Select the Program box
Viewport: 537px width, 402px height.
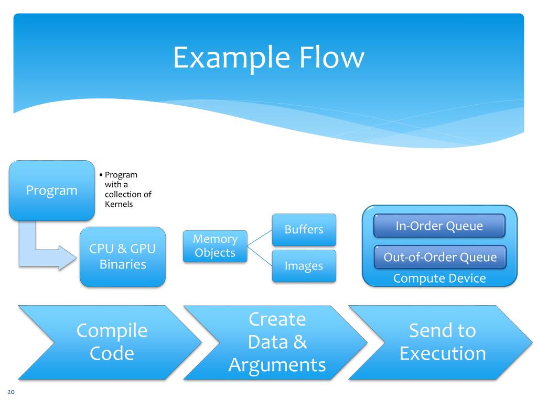pos(52,191)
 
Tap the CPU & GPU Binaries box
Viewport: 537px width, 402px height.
pos(123,256)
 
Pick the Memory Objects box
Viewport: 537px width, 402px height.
pos(215,246)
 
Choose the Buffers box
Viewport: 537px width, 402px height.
pos(304,230)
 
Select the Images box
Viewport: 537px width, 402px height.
pos(304,266)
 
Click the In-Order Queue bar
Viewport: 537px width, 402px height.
pos(439,226)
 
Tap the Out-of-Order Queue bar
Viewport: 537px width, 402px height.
pos(440,257)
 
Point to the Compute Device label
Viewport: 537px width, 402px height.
pos(439,278)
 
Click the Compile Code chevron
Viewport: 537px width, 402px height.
pos(110,342)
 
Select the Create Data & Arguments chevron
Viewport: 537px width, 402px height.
pos(276,342)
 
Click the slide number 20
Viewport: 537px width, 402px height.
pos(11,392)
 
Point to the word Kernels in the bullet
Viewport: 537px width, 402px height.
pos(119,204)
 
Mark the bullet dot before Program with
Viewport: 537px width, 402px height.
pos(101,175)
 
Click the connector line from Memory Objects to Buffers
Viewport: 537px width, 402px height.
pos(260,238)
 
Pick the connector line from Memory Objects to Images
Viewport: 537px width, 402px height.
pos(260,256)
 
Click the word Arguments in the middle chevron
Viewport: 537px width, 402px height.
pos(277,365)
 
